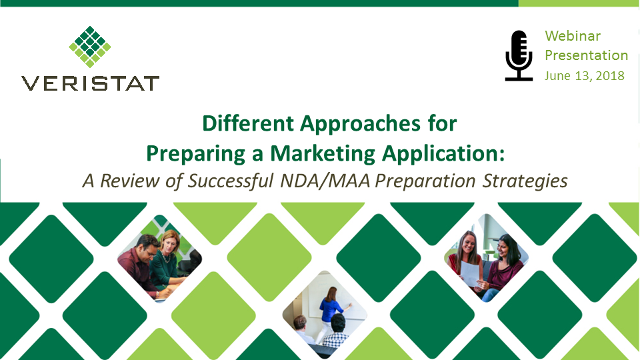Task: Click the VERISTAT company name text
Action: tap(90, 83)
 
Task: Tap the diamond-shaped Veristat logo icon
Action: tap(90, 47)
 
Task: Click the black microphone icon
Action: tap(519, 55)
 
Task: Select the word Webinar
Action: tap(573, 36)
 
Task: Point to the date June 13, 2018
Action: tap(585, 75)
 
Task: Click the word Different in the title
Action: tap(248, 123)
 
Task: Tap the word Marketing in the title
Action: tap(323, 153)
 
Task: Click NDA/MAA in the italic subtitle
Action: tap(325, 181)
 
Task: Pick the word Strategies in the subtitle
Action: tap(525, 181)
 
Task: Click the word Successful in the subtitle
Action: tap(230, 181)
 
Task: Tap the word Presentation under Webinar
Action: tap(587, 55)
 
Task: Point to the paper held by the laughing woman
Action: tap(470, 273)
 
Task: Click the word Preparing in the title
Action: tap(195, 154)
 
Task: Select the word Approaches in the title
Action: tap(360, 123)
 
